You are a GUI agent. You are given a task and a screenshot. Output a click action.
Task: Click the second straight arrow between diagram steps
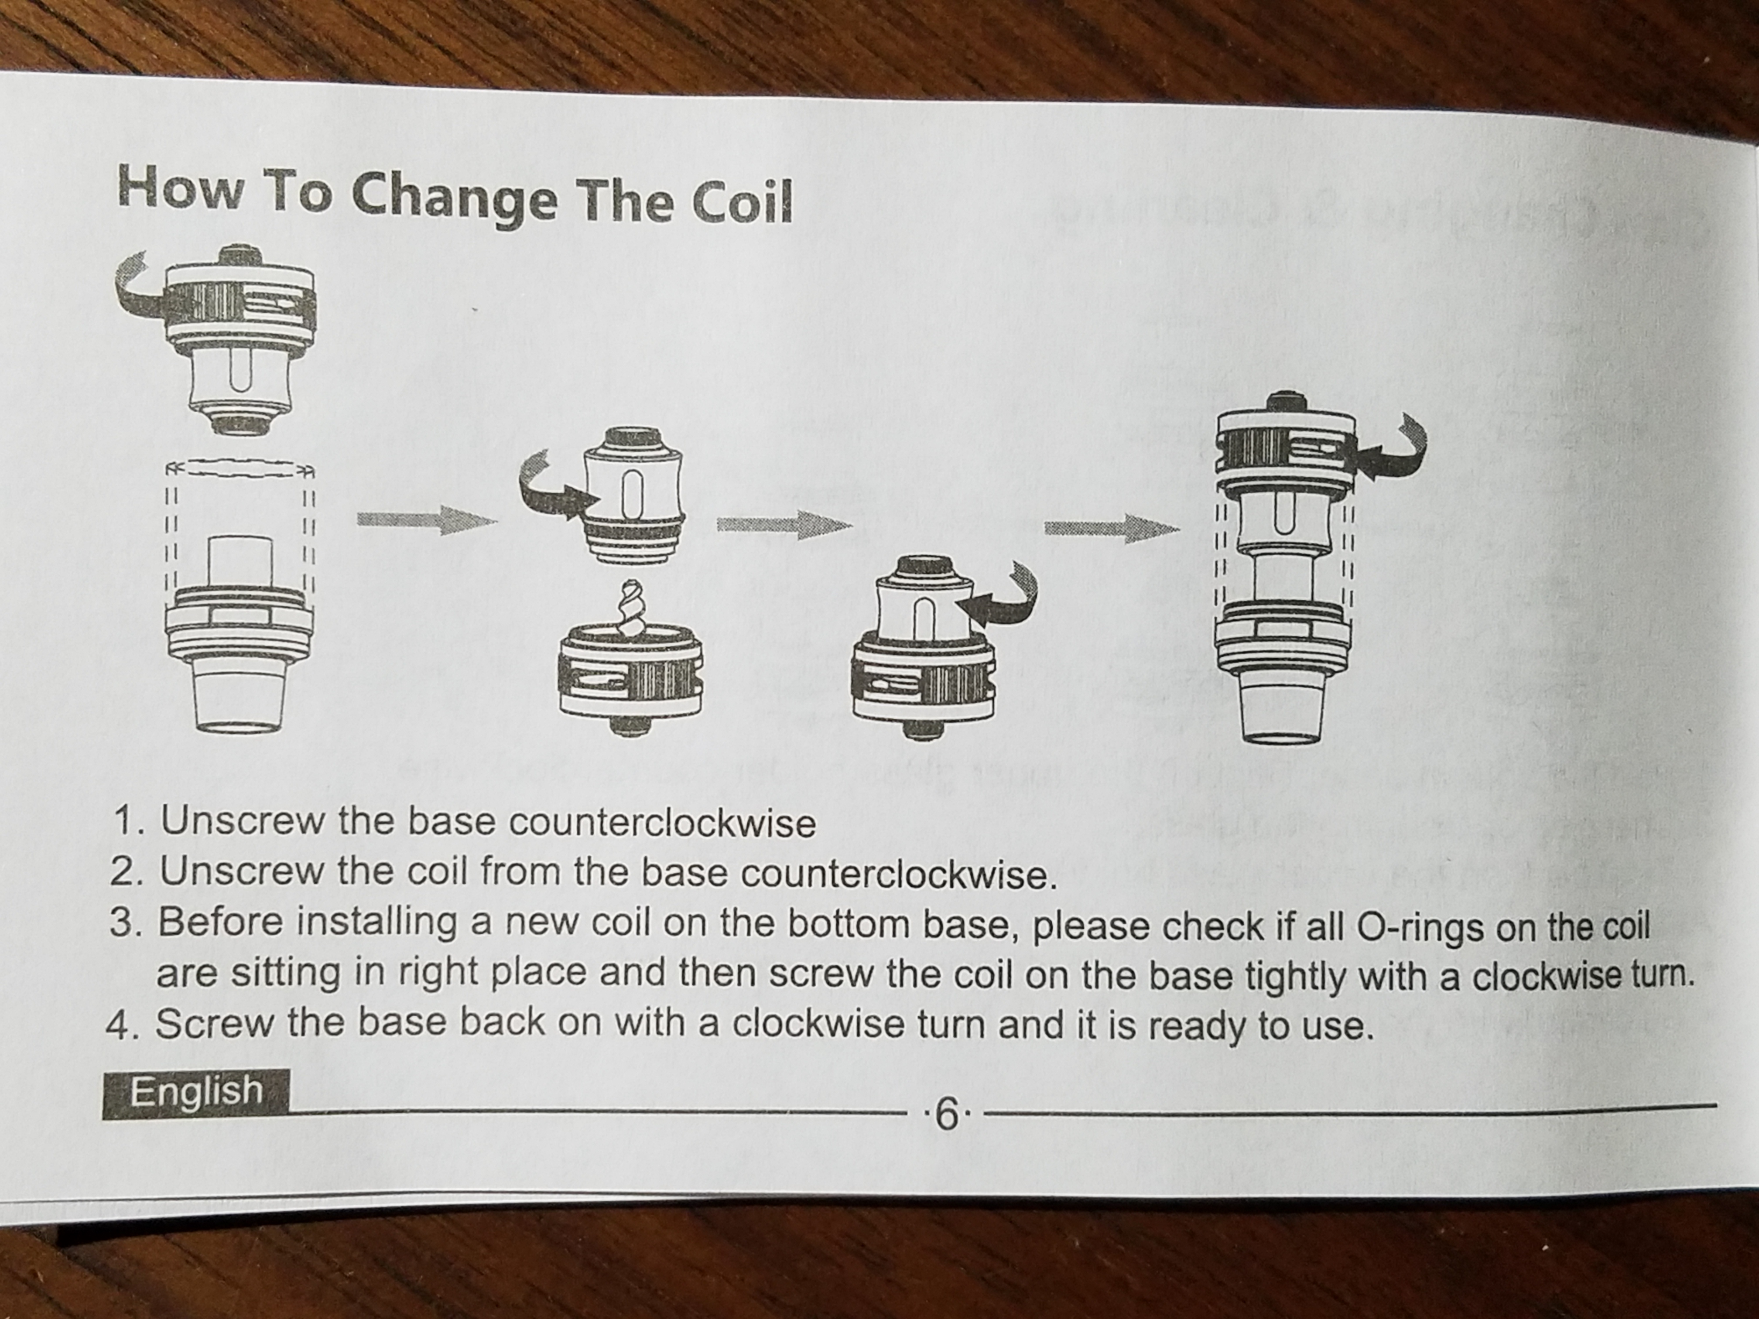[x=779, y=525]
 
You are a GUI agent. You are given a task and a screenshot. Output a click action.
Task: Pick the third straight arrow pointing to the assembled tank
[x=1111, y=528]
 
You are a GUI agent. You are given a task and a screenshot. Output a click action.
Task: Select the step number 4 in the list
[x=118, y=1025]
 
